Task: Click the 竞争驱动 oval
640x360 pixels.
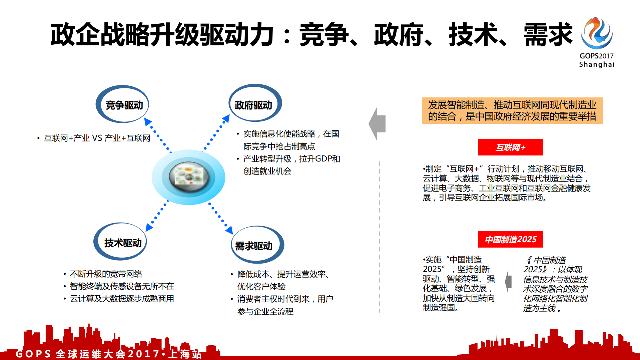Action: pos(122,105)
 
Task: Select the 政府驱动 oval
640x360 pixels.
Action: pos(255,104)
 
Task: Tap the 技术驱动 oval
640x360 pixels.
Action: pos(120,242)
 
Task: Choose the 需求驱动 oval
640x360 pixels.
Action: pos(257,245)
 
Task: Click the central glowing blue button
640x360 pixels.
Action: pos(188,177)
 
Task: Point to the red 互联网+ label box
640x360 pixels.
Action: pos(510,147)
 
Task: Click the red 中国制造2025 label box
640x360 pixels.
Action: pos(510,239)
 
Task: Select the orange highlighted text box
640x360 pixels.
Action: pos(512,110)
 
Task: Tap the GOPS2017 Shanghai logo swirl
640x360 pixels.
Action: pos(597,33)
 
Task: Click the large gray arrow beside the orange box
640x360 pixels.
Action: pos(378,124)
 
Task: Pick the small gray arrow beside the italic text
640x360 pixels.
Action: pos(509,282)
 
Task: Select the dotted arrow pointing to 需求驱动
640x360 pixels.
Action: pos(220,218)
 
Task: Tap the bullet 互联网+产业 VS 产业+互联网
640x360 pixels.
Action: pos(97,138)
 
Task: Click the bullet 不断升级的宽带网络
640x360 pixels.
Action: pos(106,274)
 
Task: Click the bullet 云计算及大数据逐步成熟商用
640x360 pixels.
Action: pos(122,299)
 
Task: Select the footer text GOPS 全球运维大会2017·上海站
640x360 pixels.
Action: pos(109,354)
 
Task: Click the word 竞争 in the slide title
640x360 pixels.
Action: pos(324,35)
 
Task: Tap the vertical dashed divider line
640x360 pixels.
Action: pos(380,237)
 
